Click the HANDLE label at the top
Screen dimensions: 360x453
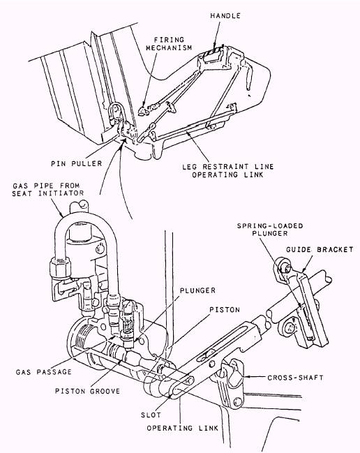tap(225, 15)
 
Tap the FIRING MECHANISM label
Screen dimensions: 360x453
tap(169, 43)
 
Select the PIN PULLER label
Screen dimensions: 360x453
tap(77, 163)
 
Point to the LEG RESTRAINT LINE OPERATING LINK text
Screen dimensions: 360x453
tap(227, 171)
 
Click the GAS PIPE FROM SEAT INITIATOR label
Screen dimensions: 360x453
tap(47, 189)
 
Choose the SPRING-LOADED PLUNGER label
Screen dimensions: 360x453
tap(270, 230)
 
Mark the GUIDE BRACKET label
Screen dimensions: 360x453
tap(320, 250)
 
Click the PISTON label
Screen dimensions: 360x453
tap(225, 310)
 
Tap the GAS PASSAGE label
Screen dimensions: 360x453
tap(43, 372)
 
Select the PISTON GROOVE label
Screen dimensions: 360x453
tap(87, 391)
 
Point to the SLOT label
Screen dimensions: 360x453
tap(151, 415)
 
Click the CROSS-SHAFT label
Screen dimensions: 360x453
tap(295, 378)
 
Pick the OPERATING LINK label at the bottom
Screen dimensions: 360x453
tap(183, 428)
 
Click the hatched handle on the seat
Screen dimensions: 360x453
tap(213, 54)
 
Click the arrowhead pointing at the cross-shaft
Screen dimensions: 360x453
tap(246, 377)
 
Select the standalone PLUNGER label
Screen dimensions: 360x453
tap(197, 290)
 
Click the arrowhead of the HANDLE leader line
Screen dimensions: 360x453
tap(214, 46)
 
